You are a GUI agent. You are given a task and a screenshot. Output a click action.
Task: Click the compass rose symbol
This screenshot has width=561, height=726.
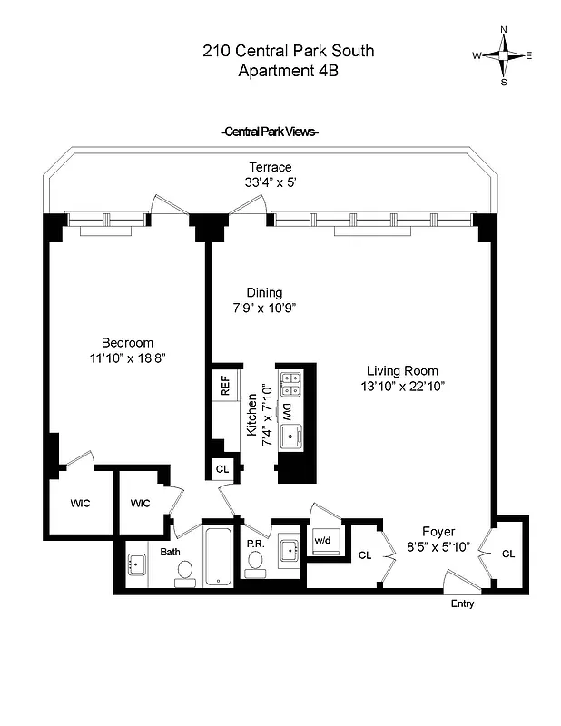502,55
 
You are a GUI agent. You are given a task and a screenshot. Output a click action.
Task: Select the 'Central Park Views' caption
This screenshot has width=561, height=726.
270,132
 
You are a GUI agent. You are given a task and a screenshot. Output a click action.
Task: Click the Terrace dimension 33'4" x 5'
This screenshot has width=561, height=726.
271,182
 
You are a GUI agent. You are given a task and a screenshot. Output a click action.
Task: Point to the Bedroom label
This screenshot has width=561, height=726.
127,342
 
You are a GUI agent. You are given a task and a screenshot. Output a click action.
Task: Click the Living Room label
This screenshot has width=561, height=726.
402,370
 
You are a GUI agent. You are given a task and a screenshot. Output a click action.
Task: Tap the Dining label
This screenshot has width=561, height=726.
264,292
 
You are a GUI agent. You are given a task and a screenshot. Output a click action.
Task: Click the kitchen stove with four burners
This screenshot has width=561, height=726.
291,385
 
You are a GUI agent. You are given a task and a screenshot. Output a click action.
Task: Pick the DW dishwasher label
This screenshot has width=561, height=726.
289,411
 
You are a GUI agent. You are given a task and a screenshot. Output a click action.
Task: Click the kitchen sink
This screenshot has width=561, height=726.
291,437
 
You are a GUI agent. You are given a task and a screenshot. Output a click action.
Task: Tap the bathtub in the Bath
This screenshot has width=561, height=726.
218,556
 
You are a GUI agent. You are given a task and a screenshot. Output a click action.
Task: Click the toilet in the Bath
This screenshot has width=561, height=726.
185,571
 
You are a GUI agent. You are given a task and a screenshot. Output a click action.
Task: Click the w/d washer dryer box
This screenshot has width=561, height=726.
324,541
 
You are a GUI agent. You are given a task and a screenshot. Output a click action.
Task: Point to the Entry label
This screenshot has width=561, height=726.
462,603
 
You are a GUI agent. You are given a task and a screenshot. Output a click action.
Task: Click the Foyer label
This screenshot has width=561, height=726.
438,531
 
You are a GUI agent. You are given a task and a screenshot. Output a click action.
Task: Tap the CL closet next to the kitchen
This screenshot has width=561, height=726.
222,469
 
